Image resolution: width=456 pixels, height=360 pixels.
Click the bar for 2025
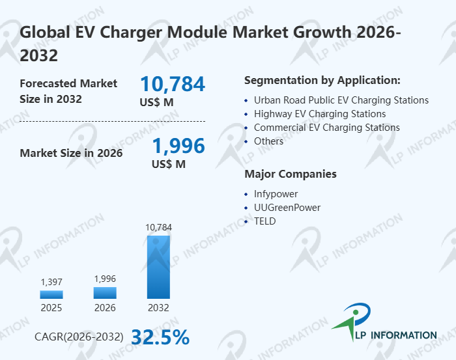(51, 294)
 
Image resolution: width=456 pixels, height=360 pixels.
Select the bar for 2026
(105, 292)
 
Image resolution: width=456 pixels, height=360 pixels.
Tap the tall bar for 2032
(158, 267)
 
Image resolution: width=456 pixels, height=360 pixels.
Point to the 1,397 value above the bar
(51, 282)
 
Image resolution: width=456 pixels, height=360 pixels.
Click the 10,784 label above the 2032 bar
(158, 227)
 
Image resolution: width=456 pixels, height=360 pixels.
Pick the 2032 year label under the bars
(158, 308)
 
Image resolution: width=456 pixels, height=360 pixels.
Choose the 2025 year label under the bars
(51, 308)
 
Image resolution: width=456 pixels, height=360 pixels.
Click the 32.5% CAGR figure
(160, 337)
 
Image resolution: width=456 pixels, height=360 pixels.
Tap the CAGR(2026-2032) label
(79, 337)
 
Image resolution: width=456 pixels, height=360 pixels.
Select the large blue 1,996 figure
(178, 146)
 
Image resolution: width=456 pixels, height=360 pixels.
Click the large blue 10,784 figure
(173, 84)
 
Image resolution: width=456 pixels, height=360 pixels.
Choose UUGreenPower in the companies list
(287, 207)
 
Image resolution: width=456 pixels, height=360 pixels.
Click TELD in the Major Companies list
(265, 221)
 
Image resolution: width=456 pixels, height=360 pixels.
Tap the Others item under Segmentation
(268, 141)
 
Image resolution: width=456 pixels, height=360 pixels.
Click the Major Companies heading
(291, 174)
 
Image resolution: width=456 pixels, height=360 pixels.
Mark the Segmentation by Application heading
(322, 80)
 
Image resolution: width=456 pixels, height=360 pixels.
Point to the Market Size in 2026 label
(71, 154)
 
